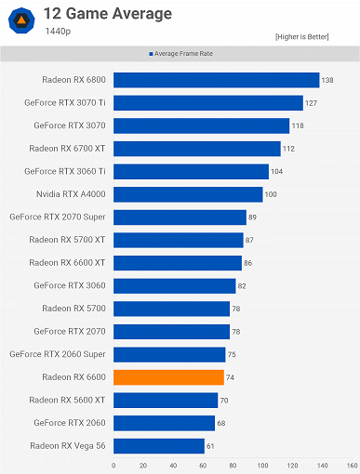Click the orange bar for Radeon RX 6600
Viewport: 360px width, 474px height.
pyautogui.click(x=168, y=377)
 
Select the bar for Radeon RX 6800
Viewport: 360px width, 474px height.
pyautogui.click(x=216, y=80)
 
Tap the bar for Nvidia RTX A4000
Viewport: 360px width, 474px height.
pyautogui.click(x=188, y=194)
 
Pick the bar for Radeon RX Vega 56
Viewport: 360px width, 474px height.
pyautogui.click(x=159, y=446)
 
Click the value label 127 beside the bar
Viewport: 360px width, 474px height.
pyautogui.click(x=312, y=103)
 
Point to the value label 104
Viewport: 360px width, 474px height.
pyautogui.click(x=277, y=171)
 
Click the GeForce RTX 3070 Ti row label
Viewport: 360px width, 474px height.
pyautogui.click(x=70, y=103)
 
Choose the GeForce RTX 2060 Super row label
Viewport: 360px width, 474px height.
pyautogui.click(x=58, y=354)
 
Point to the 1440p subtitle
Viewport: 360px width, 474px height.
pyautogui.click(x=58, y=31)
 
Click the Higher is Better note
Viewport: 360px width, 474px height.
pyautogui.click(x=313, y=36)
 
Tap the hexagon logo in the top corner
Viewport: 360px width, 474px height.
pyautogui.click(x=20, y=20)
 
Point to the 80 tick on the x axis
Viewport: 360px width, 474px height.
pyautogui.click(x=233, y=465)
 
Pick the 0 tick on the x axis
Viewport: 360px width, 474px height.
pyautogui.click(x=113, y=465)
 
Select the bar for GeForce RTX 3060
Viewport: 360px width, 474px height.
pyautogui.click(x=175, y=286)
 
